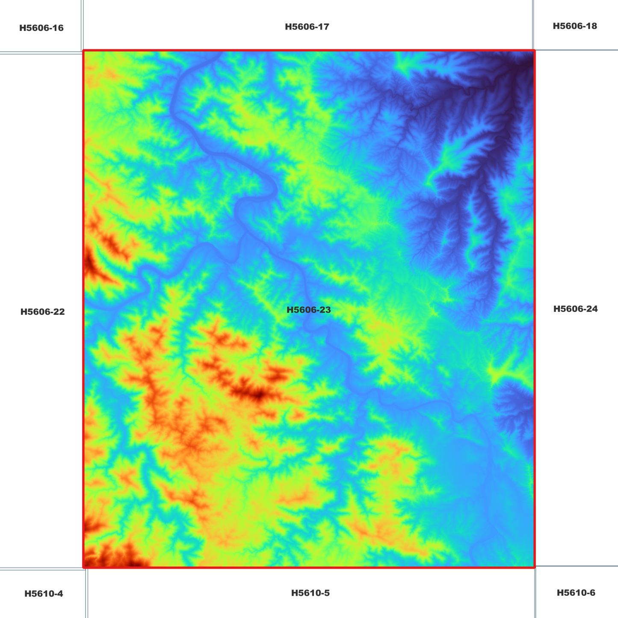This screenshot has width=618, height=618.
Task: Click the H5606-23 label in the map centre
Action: click(308, 310)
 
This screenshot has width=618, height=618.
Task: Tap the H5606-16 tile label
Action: click(41, 28)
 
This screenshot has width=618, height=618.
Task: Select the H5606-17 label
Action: click(307, 27)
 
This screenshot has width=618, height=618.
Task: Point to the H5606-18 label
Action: click(575, 26)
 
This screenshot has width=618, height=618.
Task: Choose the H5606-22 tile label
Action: click(42, 312)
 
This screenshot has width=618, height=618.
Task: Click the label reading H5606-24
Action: click(575, 309)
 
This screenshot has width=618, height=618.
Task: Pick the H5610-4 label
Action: click(44, 594)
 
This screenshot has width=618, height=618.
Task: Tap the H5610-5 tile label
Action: click(310, 593)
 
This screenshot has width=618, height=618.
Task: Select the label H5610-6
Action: click(576, 593)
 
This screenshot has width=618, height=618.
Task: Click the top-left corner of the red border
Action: click(84, 51)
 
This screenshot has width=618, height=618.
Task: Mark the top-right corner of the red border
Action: click(534, 51)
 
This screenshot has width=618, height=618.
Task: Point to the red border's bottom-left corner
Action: click(84, 567)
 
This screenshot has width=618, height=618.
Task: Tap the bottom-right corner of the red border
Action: click(534, 567)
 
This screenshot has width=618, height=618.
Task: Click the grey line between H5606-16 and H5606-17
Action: click(82, 26)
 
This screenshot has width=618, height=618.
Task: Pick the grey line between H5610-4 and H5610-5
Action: click(87, 594)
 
